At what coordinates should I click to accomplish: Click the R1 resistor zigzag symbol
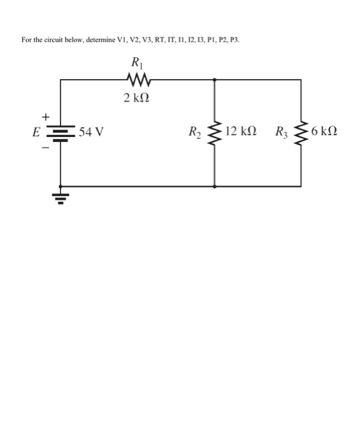138,80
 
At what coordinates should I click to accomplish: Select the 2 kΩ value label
138,97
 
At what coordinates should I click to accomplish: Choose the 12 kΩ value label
241,133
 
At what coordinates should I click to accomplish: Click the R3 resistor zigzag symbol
301,133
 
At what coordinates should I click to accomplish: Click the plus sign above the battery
45,117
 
